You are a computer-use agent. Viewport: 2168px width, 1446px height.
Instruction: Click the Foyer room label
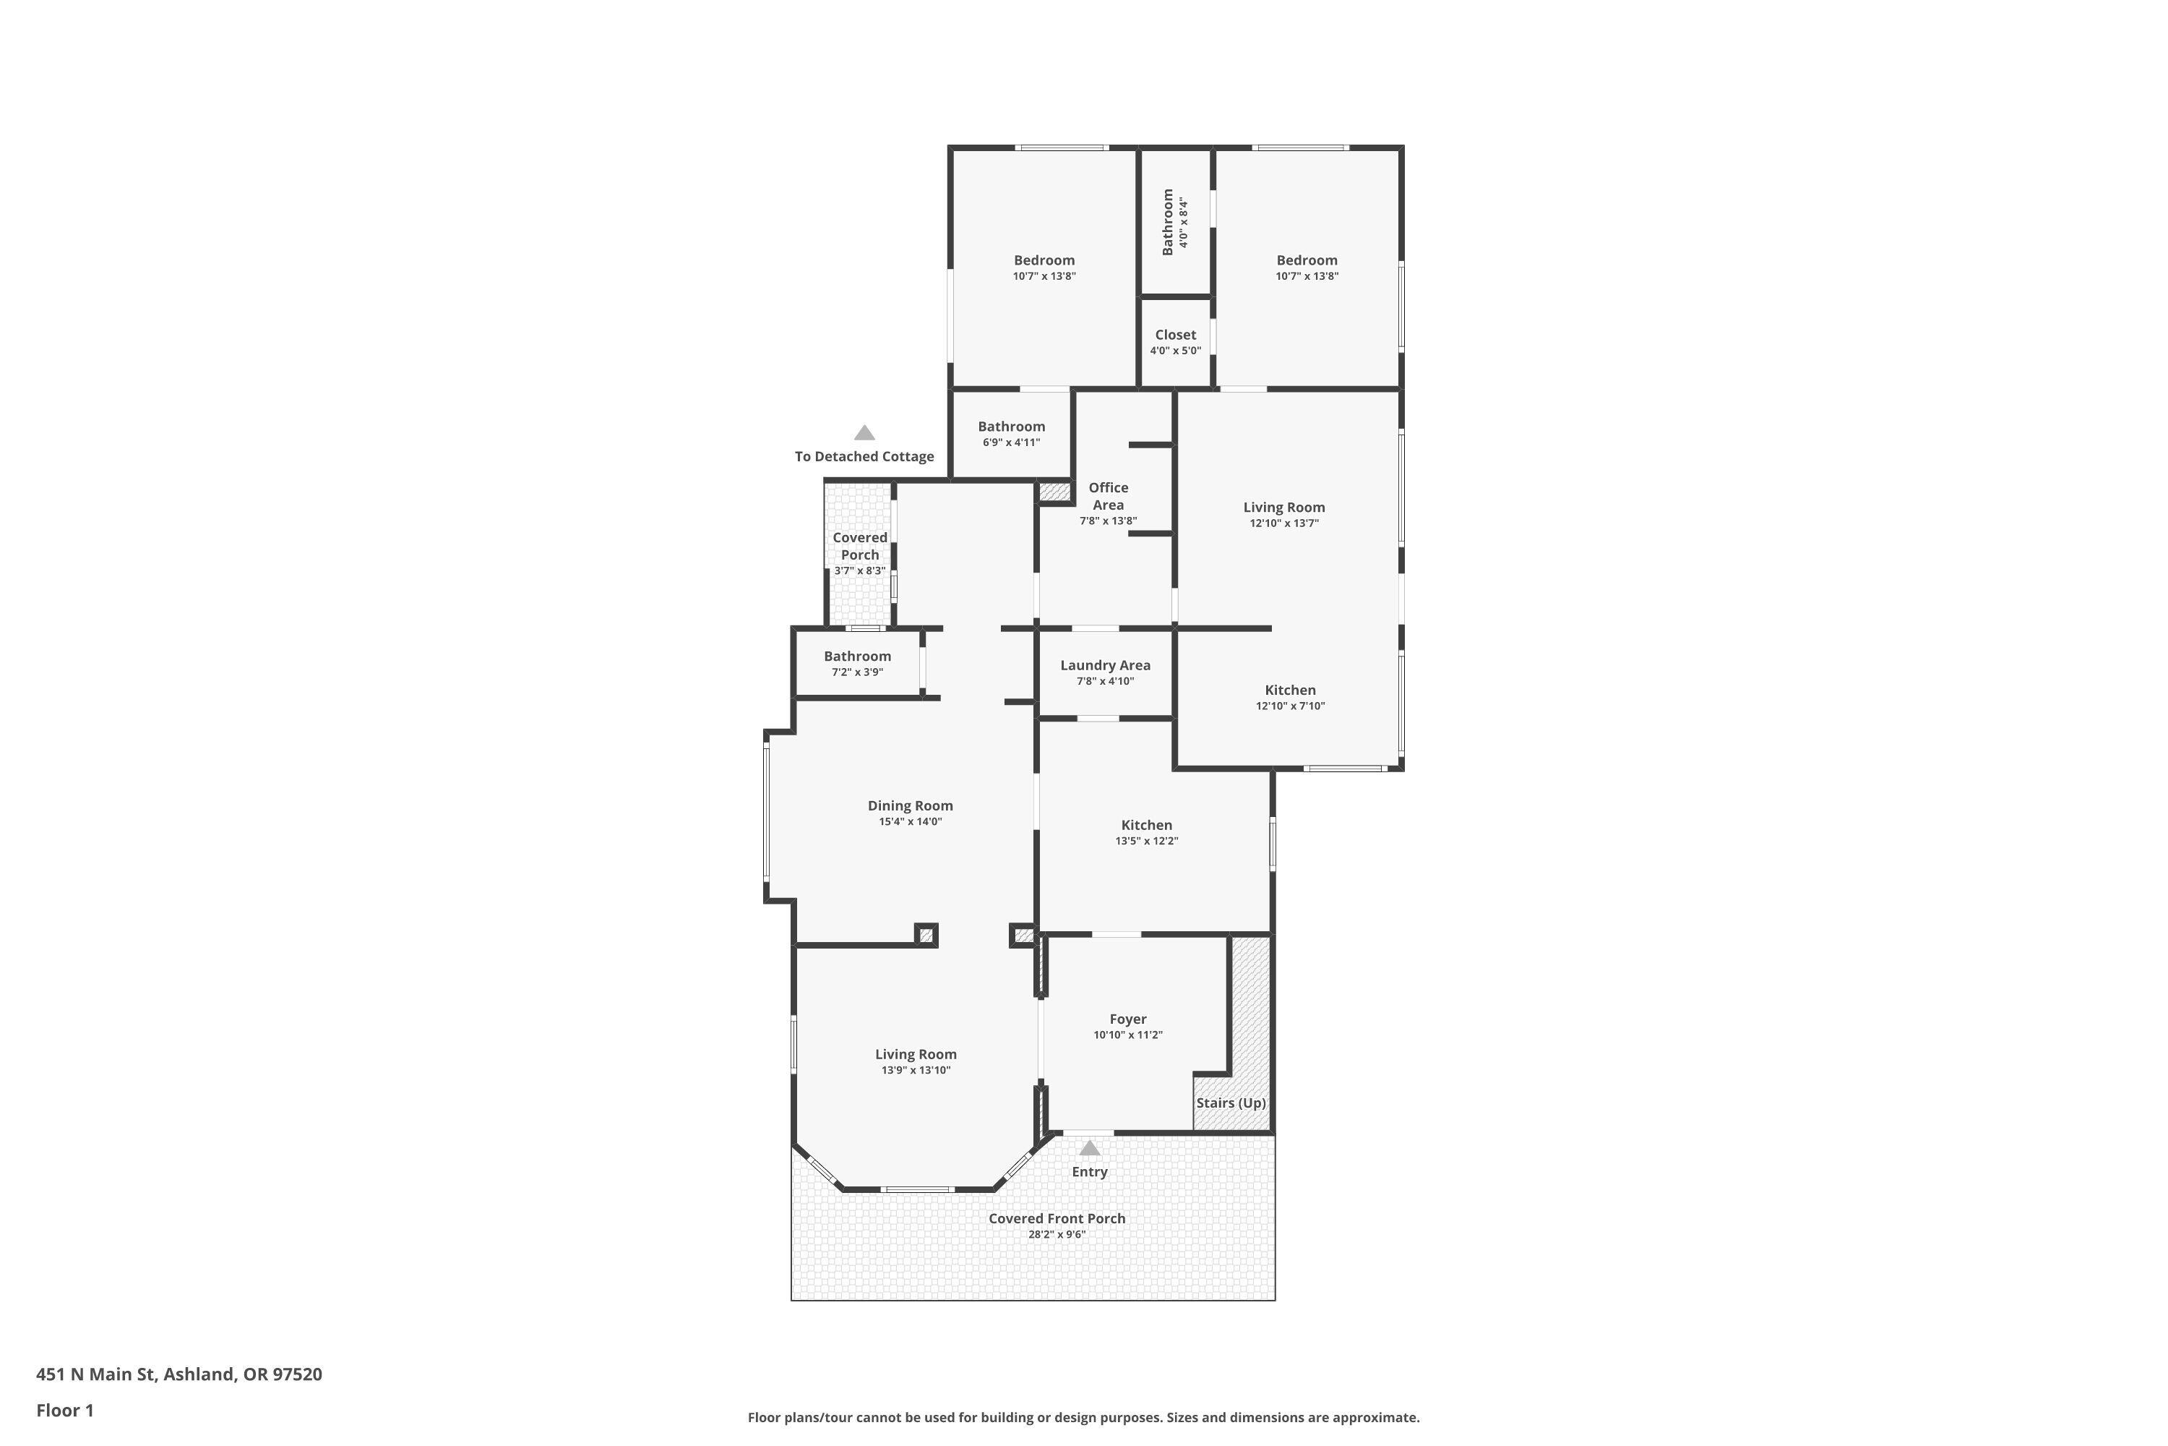[1127, 1019]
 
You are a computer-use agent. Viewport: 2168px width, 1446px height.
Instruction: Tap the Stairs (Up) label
[1231, 1103]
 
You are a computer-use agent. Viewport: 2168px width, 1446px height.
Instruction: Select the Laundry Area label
[1104, 665]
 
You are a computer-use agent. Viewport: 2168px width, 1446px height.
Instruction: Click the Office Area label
[1108, 496]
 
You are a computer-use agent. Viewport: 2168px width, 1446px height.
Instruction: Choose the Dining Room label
[910, 805]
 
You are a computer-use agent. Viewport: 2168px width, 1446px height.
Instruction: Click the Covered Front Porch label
[1057, 1218]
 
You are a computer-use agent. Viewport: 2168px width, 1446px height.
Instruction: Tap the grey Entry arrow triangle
[1090, 1148]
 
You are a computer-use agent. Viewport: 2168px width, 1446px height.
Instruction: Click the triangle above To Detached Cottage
[864, 432]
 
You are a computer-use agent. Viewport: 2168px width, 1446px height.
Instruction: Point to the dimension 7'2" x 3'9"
[857, 672]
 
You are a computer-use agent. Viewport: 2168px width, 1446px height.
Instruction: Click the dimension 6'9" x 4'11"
[1011, 442]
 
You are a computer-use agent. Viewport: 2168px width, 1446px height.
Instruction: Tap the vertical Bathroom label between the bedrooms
[1168, 222]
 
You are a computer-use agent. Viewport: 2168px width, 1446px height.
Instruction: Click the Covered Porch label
[859, 546]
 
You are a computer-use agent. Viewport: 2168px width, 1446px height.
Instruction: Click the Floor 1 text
[64, 1410]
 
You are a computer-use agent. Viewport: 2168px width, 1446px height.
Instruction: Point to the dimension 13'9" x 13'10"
[916, 1071]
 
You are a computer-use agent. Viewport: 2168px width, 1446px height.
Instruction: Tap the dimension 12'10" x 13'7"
[1284, 523]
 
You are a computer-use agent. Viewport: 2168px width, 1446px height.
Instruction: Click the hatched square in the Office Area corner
[1054, 492]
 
